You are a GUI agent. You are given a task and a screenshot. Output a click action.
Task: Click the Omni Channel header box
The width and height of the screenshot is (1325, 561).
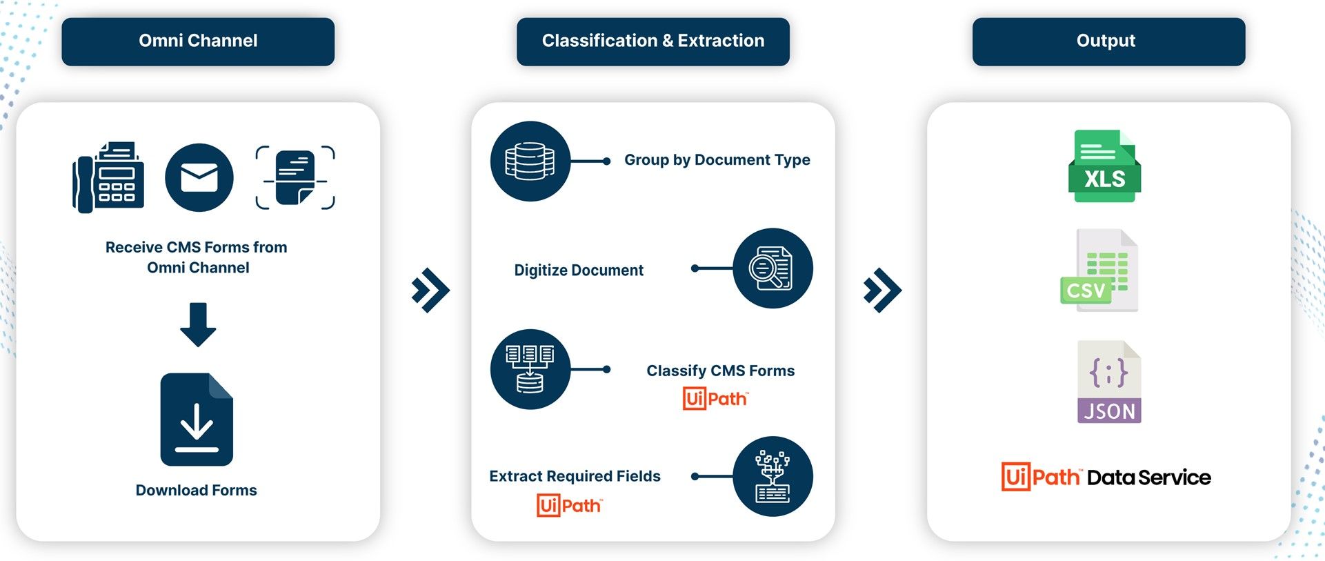(x=198, y=41)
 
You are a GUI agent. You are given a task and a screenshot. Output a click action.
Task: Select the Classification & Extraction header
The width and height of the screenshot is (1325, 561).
(x=652, y=41)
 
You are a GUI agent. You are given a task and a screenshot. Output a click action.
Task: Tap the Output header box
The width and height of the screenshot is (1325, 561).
(x=1108, y=41)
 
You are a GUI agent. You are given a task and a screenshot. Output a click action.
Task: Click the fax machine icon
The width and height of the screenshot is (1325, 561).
(x=109, y=177)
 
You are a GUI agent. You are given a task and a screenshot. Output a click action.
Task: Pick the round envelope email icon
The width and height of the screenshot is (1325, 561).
(x=199, y=177)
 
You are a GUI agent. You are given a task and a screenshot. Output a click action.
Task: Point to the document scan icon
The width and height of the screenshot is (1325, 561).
(x=295, y=177)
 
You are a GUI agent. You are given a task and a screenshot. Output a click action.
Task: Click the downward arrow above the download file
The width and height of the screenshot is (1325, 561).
(x=198, y=324)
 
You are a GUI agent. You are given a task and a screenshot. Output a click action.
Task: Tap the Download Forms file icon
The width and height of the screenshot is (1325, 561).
(x=197, y=420)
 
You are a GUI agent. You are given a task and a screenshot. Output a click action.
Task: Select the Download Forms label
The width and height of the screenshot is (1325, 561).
(x=197, y=490)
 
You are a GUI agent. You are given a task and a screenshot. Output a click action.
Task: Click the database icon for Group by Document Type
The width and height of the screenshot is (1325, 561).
(x=530, y=161)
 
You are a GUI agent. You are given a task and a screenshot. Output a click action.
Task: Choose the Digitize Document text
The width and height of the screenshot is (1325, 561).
(x=579, y=270)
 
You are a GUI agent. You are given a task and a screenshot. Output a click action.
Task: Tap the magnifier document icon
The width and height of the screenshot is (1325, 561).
(x=773, y=268)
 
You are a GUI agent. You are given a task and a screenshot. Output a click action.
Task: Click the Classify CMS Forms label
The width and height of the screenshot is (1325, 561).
(x=720, y=371)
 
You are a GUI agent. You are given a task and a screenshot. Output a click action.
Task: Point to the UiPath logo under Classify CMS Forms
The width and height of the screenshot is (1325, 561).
(x=715, y=398)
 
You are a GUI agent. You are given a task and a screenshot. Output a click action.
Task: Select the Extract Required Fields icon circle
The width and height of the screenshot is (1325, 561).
(x=773, y=476)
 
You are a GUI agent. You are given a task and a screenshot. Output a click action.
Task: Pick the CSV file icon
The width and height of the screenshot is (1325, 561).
(x=1099, y=270)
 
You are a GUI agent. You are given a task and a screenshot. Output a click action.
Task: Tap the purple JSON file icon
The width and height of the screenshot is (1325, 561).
(x=1109, y=382)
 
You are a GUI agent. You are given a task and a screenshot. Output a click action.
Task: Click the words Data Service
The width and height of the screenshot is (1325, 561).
(x=1148, y=478)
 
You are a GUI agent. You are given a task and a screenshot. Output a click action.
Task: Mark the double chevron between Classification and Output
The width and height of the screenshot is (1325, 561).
(x=882, y=290)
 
